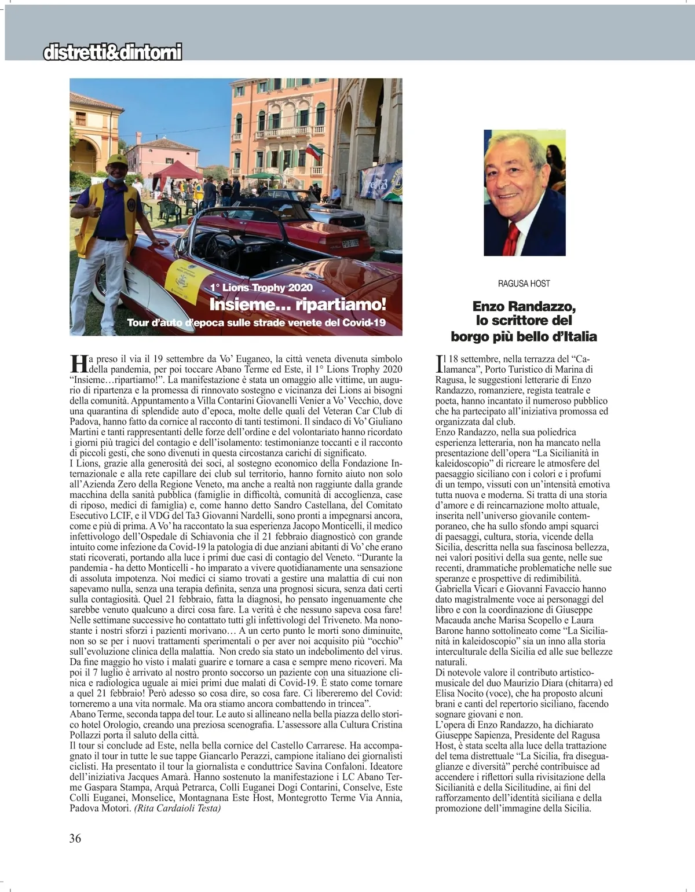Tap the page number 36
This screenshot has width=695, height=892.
click(75, 838)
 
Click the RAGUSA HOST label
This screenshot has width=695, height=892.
click(524, 284)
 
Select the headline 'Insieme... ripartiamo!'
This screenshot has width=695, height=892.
click(297, 304)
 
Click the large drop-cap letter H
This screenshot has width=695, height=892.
click(78, 364)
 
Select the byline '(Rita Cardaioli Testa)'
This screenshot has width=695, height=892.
click(177, 809)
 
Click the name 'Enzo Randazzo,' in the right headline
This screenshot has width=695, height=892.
click(524, 306)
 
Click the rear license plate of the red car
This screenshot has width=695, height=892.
click(349, 244)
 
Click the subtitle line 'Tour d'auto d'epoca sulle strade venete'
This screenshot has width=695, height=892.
click(257, 322)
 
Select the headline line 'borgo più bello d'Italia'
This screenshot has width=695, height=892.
click(524, 336)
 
